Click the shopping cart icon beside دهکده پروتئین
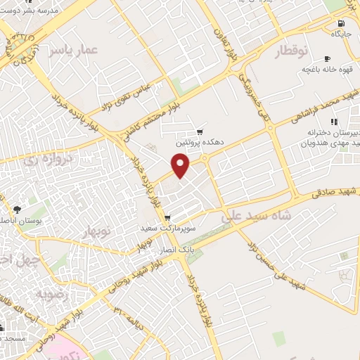tap(200, 131)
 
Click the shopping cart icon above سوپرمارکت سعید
tap(167, 218)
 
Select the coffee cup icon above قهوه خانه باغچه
tap(327, 58)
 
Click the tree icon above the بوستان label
tap(17, 210)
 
